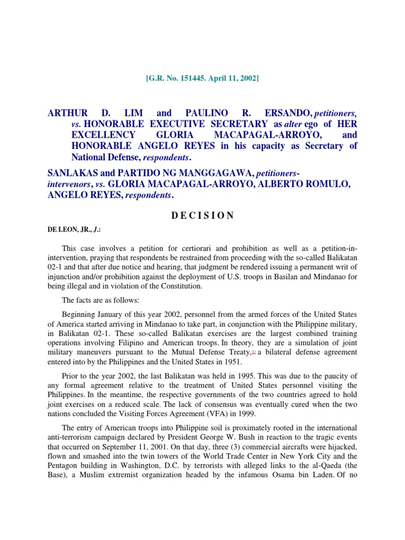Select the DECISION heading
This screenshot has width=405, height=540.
tap(202, 215)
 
